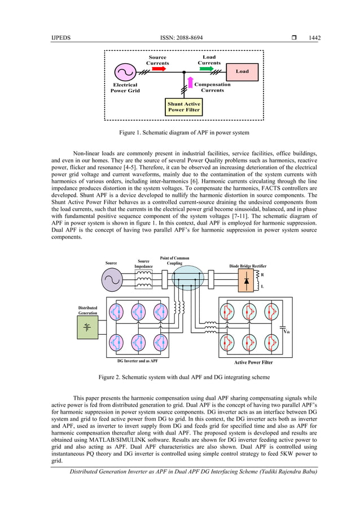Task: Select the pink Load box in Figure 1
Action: pos(242,72)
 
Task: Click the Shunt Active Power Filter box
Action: pos(184,107)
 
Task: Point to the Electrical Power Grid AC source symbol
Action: pos(124,72)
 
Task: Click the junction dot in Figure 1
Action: pos(184,72)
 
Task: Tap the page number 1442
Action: pos(314,38)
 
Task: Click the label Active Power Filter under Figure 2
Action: pos(253,362)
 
